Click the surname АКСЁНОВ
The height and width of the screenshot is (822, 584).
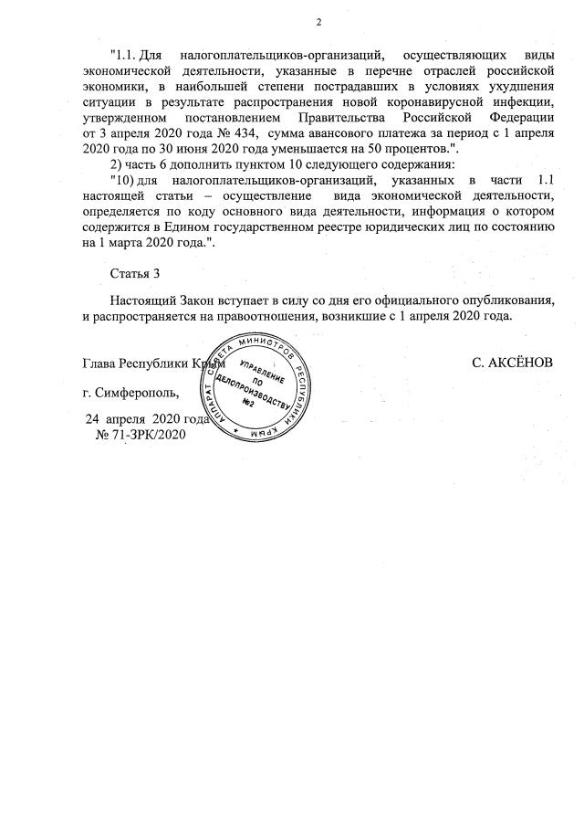pos(512,363)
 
